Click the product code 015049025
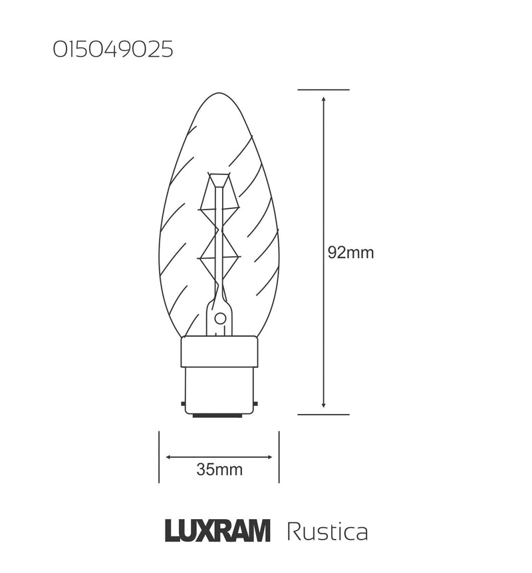(112, 51)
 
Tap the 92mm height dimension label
(350, 254)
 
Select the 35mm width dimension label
(219, 470)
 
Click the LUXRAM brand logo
(217, 531)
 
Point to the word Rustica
(327, 532)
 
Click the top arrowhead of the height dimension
(323, 98)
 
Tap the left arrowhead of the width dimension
(169, 457)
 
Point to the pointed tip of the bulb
(219, 91)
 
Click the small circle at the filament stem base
(219, 319)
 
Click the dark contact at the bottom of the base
(219, 415)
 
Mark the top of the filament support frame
(219, 176)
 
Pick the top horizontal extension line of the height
(323, 89)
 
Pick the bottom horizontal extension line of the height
(323, 414)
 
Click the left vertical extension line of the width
(160, 457)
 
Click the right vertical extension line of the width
(279, 457)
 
